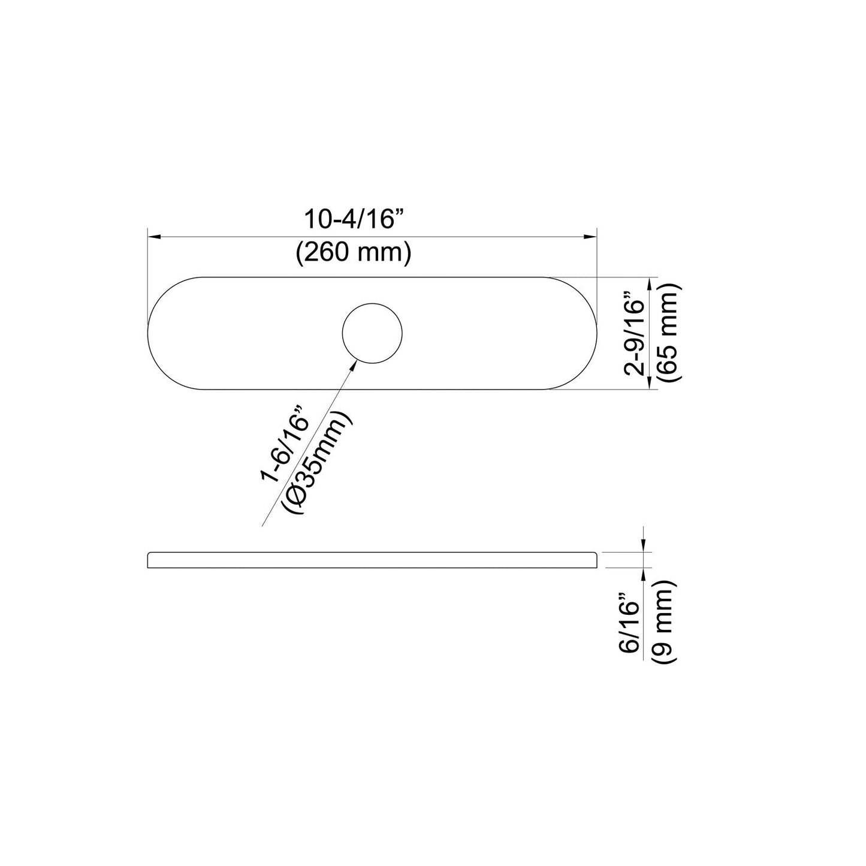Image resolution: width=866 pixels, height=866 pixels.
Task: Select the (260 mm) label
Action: [x=354, y=254]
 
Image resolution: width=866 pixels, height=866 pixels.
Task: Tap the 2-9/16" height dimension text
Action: [x=634, y=333]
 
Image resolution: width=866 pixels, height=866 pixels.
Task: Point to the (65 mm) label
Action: [x=668, y=333]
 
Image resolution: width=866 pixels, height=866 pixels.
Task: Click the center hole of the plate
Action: [x=372, y=333]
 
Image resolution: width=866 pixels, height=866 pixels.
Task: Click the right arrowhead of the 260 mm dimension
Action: [x=590, y=237]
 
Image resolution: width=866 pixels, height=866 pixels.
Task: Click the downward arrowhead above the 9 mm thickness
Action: [x=643, y=546]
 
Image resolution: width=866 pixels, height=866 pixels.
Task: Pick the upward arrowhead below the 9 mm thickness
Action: [x=643, y=574]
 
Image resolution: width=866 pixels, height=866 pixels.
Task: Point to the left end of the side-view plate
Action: [x=149, y=560]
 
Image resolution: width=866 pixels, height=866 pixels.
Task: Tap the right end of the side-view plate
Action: [x=596, y=560]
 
